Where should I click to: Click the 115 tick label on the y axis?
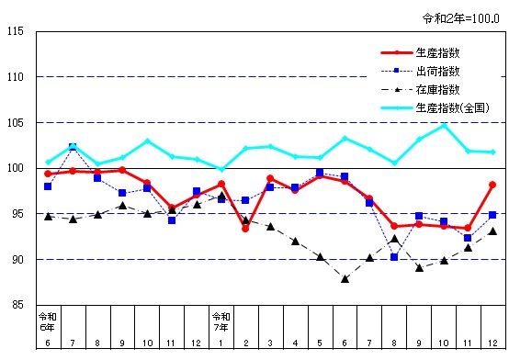pos(17,32)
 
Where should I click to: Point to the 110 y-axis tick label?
pos(17,77)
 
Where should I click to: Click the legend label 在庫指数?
pos(437,89)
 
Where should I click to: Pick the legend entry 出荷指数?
pos(437,71)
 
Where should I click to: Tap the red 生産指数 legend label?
pos(437,53)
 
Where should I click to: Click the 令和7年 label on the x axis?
pos(221,322)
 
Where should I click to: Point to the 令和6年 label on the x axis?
pos(48,322)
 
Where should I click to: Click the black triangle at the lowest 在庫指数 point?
pos(345,278)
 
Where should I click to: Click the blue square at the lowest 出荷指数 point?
pos(394,257)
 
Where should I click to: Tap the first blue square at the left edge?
pos(48,186)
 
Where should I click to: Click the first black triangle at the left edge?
pos(48,216)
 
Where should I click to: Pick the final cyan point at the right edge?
pos(492,152)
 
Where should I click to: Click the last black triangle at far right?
pos(492,231)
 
